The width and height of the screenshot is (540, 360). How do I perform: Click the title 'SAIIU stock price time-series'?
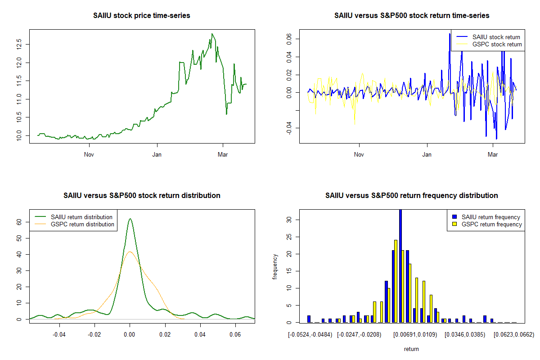[x=142, y=15]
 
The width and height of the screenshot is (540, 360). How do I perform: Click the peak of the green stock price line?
[x=212, y=34]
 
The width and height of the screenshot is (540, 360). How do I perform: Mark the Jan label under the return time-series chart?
[x=427, y=155]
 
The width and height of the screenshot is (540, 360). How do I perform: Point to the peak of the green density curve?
[x=130, y=219]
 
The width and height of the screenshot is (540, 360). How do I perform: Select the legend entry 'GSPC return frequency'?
[x=492, y=224]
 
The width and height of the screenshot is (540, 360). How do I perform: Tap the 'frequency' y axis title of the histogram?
[x=275, y=266]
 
